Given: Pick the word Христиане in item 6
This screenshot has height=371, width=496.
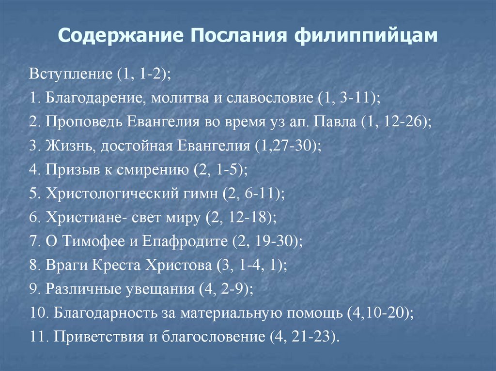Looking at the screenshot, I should pyautogui.click(x=84, y=218).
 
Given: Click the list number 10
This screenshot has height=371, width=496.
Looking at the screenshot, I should pyautogui.click(x=38, y=313).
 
